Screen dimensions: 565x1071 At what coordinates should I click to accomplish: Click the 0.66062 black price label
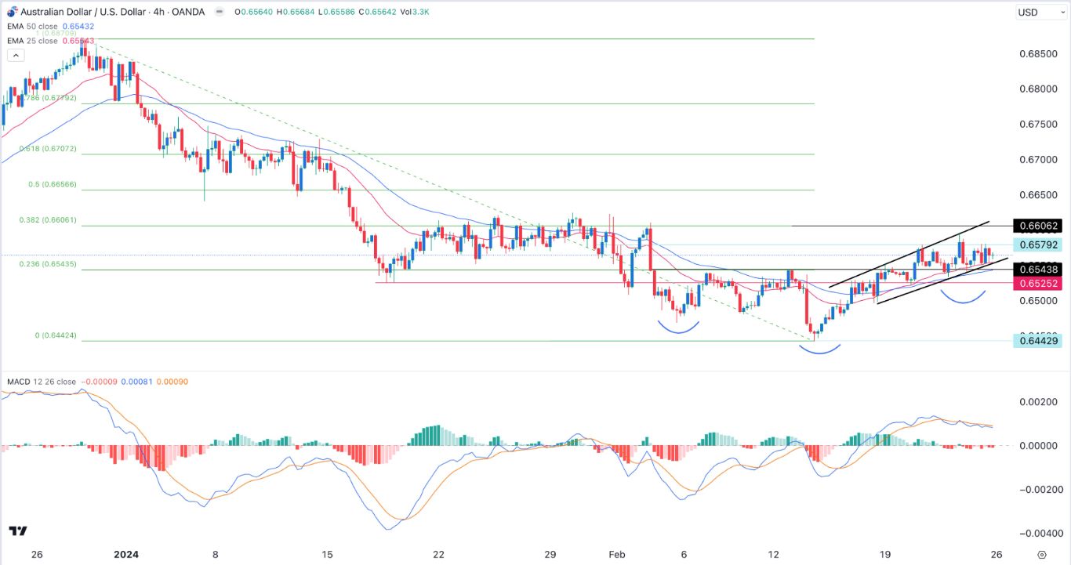tap(1039, 226)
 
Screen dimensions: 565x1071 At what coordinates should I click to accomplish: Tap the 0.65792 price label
tap(1039, 245)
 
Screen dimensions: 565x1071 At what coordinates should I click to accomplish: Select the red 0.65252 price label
tap(1039, 284)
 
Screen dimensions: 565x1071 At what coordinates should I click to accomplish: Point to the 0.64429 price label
tap(1039, 341)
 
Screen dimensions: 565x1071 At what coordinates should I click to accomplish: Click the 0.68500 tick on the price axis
tap(1039, 54)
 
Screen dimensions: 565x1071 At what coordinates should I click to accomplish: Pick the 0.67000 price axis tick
tap(1039, 160)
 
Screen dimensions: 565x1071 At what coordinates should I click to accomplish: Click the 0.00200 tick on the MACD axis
tap(1037, 402)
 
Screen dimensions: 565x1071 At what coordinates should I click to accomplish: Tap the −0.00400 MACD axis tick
tap(1035, 534)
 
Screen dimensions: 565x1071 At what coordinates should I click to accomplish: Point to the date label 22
tap(439, 554)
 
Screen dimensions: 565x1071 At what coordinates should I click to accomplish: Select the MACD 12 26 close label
tap(42, 382)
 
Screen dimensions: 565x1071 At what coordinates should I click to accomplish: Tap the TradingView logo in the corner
tap(19, 531)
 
